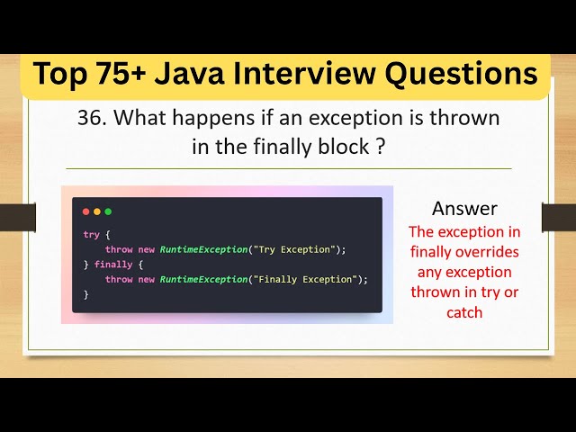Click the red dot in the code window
pyautogui.click(x=86, y=211)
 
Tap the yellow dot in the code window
pyautogui.click(x=97, y=211)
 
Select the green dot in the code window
pyautogui.click(x=108, y=211)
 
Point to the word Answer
pyautogui.click(x=464, y=209)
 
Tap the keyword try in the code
pyautogui.click(x=91, y=234)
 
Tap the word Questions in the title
pyautogui.click(x=464, y=75)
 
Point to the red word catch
pyautogui.click(x=464, y=312)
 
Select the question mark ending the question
pyautogui.click(x=381, y=147)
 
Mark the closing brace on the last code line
pyautogui.click(x=85, y=294)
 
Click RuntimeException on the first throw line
pyautogui.click(x=202, y=249)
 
